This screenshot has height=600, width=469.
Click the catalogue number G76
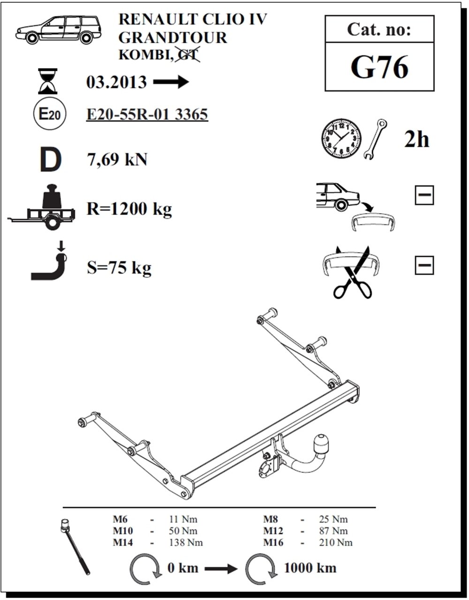click(x=379, y=68)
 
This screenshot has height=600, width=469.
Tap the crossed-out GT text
click(x=188, y=54)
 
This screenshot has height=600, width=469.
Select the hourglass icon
click(x=48, y=81)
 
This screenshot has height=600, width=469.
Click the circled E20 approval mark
click(x=50, y=114)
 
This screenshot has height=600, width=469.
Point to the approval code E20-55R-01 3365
click(x=147, y=114)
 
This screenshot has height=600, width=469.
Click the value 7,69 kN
click(x=117, y=160)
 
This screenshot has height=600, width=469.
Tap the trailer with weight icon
click(x=41, y=207)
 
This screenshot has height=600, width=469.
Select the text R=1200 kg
click(x=129, y=209)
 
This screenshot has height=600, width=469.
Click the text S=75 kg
click(x=119, y=268)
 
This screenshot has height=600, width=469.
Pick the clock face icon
click(x=341, y=138)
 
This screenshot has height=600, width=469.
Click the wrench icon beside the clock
click(x=376, y=139)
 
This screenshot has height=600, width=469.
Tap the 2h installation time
click(x=416, y=139)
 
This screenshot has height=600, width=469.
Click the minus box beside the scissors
click(x=424, y=265)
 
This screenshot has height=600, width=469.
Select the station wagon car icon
click(x=59, y=30)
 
